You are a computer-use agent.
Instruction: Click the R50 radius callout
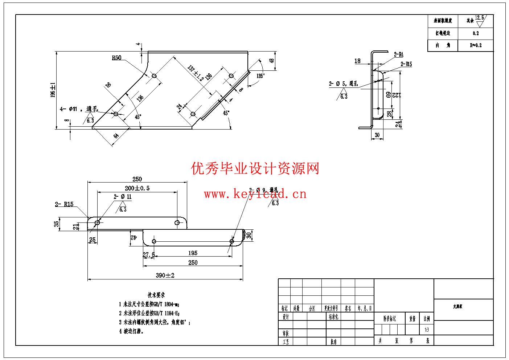[116, 58]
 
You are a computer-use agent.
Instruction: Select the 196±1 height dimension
[53, 90]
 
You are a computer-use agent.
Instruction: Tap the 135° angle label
[260, 76]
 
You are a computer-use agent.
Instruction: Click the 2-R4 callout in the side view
[398, 55]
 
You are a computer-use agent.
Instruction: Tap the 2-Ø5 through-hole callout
[343, 84]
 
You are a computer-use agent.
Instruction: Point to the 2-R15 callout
[64, 204]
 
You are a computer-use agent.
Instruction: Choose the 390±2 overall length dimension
[165, 275]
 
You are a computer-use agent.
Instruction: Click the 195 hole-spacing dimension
[193, 253]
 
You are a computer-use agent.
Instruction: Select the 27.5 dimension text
[149, 255]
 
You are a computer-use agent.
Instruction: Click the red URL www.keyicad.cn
[255, 194]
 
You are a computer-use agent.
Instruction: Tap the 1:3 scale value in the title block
[426, 330]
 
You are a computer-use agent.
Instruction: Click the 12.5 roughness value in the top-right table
[479, 18]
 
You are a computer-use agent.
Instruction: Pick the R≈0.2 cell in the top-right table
[475, 45]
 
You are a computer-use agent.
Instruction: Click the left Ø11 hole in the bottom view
[97, 222]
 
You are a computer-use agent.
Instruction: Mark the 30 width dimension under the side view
[377, 135]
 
